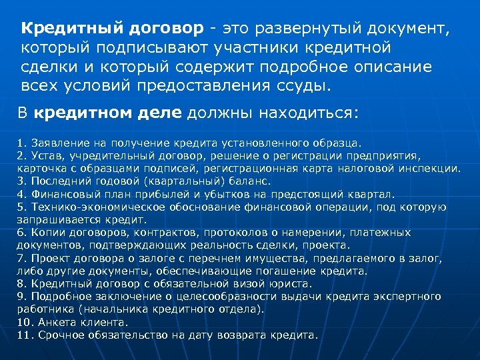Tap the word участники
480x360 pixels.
[x=253, y=48]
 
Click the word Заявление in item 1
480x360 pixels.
[x=54, y=142]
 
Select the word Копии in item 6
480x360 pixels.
[x=42, y=232]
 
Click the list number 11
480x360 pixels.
[x=23, y=335]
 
